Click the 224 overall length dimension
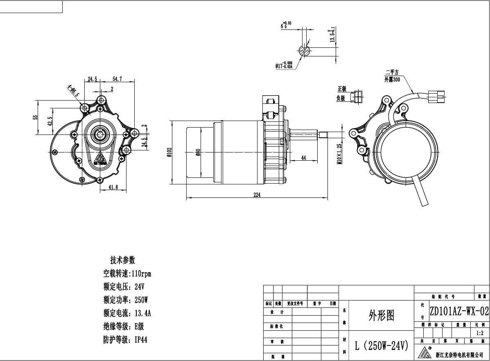(257, 195)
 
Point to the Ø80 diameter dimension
(198, 152)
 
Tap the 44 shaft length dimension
(304, 158)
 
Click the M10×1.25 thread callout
(339, 153)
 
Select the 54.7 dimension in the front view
(117, 79)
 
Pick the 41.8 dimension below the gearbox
(113, 187)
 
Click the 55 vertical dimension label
(35, 117)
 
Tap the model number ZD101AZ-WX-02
(459, 312)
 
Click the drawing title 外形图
(381, 315)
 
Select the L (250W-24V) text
(382, 346)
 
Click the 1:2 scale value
(479, 333)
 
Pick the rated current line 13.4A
(127, 314)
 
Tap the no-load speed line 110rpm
(127, 274)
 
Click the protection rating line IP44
(125, 340)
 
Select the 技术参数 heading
(122, 260)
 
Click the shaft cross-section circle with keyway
(305, 51)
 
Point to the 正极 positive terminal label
(341, 89)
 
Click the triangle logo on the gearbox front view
(100, 158)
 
